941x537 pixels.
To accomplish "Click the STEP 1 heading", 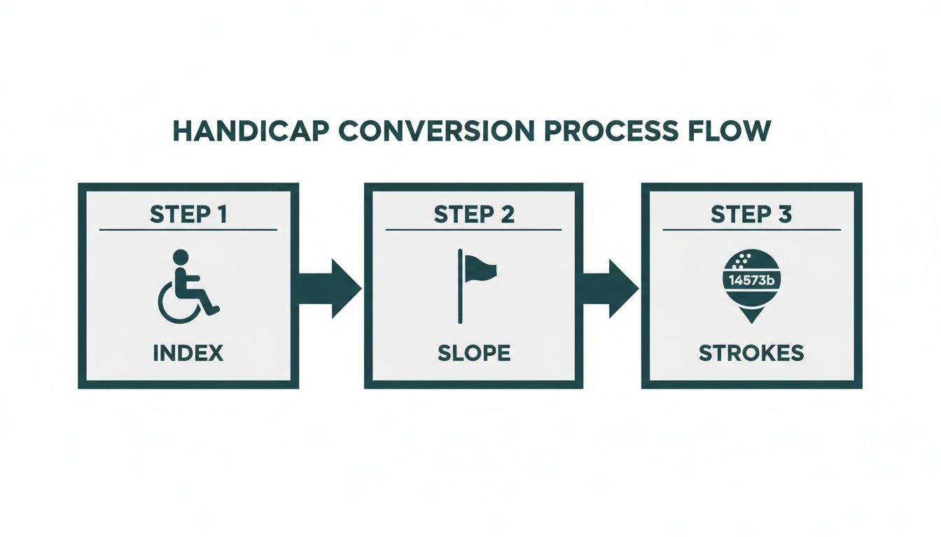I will point(188,214).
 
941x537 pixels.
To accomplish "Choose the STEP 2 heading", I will point(474,214).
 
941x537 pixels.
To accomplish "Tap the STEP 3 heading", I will point(751,214).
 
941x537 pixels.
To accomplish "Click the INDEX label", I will point(188,353).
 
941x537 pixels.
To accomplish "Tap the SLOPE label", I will point(474,353).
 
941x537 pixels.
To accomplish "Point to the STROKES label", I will point(751,353).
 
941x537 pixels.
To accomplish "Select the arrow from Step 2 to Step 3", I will point(610,288).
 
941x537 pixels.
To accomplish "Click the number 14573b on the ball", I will point(751,280).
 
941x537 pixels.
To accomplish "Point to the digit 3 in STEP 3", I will point(785,214).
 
